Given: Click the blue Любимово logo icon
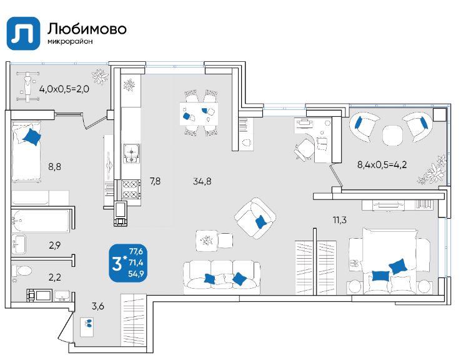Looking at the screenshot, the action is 23,33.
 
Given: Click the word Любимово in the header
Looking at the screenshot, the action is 87,29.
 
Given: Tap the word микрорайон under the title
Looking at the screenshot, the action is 70,41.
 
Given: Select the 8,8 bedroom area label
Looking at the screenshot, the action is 55,166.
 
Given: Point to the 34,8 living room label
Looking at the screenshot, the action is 202,181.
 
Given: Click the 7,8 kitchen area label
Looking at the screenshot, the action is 155,181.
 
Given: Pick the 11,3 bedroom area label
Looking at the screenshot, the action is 339,220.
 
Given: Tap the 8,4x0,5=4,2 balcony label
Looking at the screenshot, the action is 382,164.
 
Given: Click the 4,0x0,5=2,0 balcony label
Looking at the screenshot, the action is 64,89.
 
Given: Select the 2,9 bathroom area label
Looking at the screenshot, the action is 55,246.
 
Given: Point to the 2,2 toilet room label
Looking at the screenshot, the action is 55,277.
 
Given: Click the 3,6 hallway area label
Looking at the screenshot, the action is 98,306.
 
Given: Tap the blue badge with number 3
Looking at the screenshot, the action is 128,263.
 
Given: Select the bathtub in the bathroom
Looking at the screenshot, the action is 41,221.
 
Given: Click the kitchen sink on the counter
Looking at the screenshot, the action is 132,153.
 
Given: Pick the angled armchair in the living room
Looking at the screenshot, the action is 255,219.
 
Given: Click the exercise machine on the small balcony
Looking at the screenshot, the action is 28,86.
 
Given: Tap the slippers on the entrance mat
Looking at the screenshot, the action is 89,323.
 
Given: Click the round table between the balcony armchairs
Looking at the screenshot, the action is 392,135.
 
